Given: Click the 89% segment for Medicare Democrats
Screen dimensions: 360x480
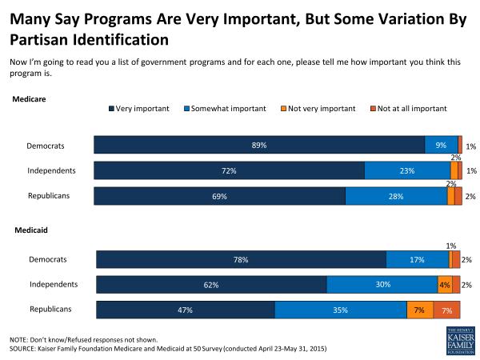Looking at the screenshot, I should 258,145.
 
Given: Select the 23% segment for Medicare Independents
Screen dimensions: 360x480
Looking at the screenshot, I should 407,170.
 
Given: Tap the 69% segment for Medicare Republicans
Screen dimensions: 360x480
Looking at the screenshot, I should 219,196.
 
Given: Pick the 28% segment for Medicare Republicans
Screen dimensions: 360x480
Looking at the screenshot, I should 396,196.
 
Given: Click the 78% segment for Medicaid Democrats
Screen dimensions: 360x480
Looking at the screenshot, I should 241,259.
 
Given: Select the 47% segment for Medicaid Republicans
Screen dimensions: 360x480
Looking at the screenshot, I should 186,310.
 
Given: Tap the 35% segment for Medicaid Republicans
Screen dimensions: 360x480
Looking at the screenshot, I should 341,310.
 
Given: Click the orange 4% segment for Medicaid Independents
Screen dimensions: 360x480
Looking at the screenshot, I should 444,285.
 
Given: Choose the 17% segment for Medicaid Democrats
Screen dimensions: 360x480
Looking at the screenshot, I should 418,259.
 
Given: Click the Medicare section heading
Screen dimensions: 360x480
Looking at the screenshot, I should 29,99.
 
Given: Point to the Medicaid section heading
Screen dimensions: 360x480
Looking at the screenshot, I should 30,230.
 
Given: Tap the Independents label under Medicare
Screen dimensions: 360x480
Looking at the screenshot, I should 52,170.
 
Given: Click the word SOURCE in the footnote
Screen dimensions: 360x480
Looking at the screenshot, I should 25,349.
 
